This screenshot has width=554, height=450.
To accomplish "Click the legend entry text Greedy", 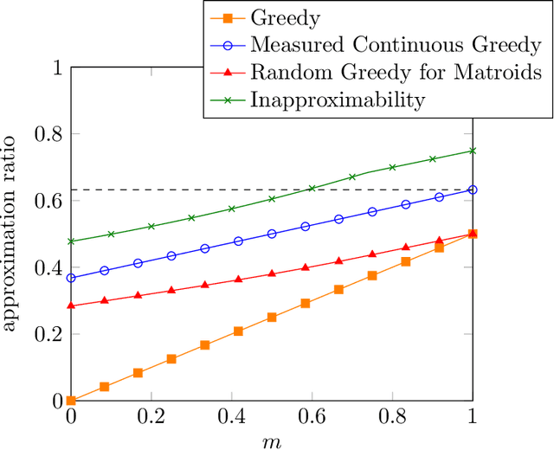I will click(280, 16).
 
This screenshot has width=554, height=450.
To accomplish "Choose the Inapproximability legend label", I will click(338, 100).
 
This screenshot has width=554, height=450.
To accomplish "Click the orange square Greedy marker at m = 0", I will click(71, 401).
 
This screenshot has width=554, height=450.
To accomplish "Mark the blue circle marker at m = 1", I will click(473, 190).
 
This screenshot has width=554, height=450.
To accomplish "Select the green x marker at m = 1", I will click(473, 151).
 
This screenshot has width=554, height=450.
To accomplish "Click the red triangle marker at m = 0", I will click(71, 305).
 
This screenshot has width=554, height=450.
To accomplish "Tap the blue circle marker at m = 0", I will click(71, 278).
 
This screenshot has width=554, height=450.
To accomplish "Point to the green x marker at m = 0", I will click(71, 241).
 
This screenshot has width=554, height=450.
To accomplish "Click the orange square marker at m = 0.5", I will click(272, 318).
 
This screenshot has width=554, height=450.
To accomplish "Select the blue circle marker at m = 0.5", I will click(272, 234).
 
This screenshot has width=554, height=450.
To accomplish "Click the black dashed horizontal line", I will click(173, 190).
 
